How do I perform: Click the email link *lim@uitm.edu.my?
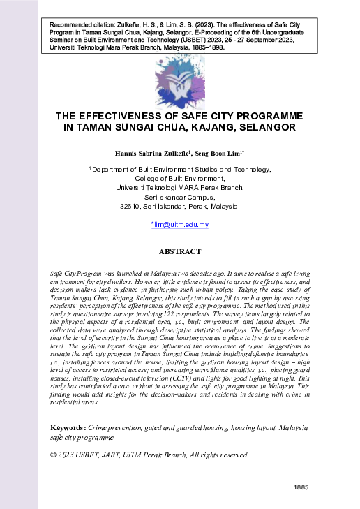(x=180, y=225)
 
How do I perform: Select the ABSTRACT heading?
(x=180, y=251)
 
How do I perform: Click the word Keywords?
(x=70, y=427)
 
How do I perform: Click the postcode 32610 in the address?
(x=132, y=207)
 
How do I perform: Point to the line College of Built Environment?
(x=180, y=179)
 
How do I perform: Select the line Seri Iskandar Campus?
(x=180, y=198)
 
